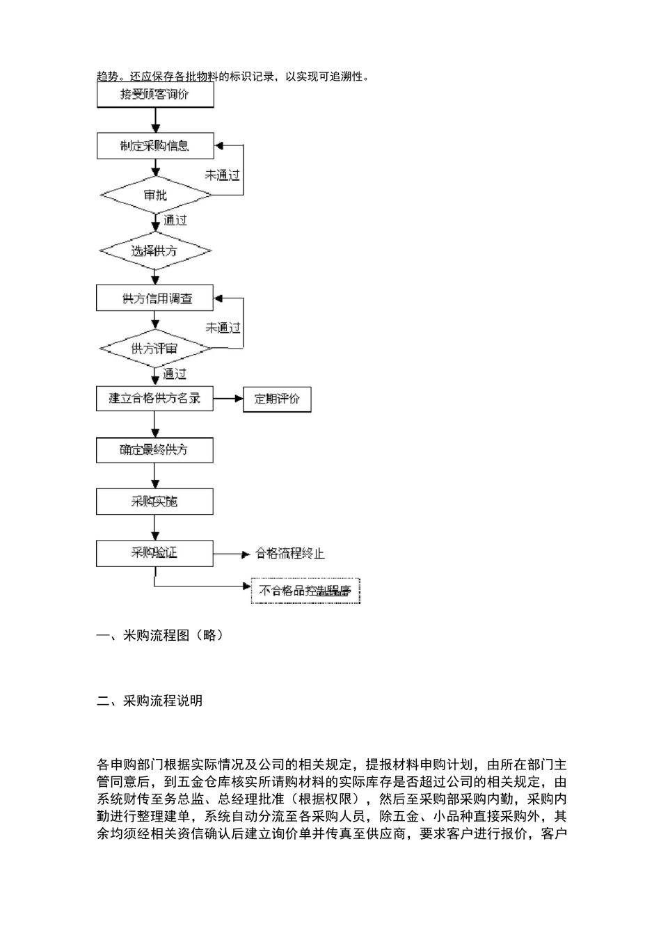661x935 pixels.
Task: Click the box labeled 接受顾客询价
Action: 154,95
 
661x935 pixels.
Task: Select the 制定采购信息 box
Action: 154,146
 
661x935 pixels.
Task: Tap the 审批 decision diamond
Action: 155,195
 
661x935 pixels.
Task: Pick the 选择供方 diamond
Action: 154,250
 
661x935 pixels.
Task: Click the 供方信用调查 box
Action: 154,298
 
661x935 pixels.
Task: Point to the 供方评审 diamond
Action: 154,348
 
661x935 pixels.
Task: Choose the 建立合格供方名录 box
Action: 154,399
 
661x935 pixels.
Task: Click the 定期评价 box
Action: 277,399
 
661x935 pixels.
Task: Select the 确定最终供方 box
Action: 154,450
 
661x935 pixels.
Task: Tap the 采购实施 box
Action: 154,502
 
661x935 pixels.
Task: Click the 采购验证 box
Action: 154,553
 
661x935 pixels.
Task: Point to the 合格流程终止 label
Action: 290,554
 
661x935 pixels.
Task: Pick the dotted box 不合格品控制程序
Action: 305,591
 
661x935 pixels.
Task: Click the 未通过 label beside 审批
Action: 222,175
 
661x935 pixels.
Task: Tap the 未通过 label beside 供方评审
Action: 222,328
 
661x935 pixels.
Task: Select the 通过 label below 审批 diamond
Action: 175,221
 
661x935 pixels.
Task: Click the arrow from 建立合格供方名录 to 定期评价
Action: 228,399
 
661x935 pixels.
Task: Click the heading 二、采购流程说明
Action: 150,701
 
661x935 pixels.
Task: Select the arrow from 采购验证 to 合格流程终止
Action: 231,554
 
